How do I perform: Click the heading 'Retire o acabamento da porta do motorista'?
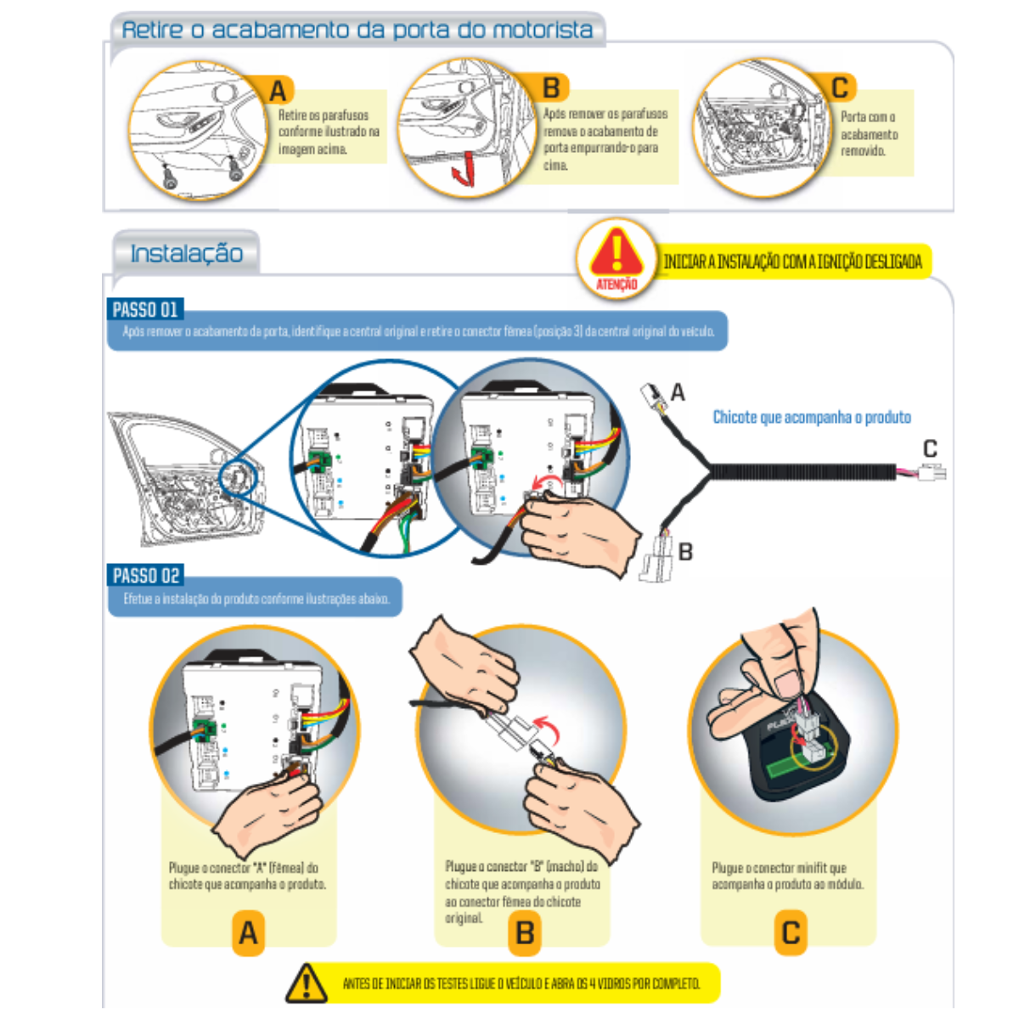[357, 31]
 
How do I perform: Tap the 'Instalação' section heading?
[186, 253]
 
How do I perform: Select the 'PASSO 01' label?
[145, 309]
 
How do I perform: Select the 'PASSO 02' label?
[146, 575]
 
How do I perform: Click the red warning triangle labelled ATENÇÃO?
[616, 252]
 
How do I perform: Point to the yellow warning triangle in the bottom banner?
[307, 982]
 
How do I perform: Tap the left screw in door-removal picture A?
[170, 178]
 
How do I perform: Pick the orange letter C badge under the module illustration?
[790, 932]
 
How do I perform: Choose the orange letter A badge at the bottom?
[248, 932]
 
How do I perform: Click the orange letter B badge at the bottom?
[525, 932]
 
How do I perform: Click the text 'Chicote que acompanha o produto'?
[812, 417]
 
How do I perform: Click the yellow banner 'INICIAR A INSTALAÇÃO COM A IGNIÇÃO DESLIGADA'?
[792, 262]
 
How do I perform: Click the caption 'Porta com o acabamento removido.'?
[869, 133]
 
